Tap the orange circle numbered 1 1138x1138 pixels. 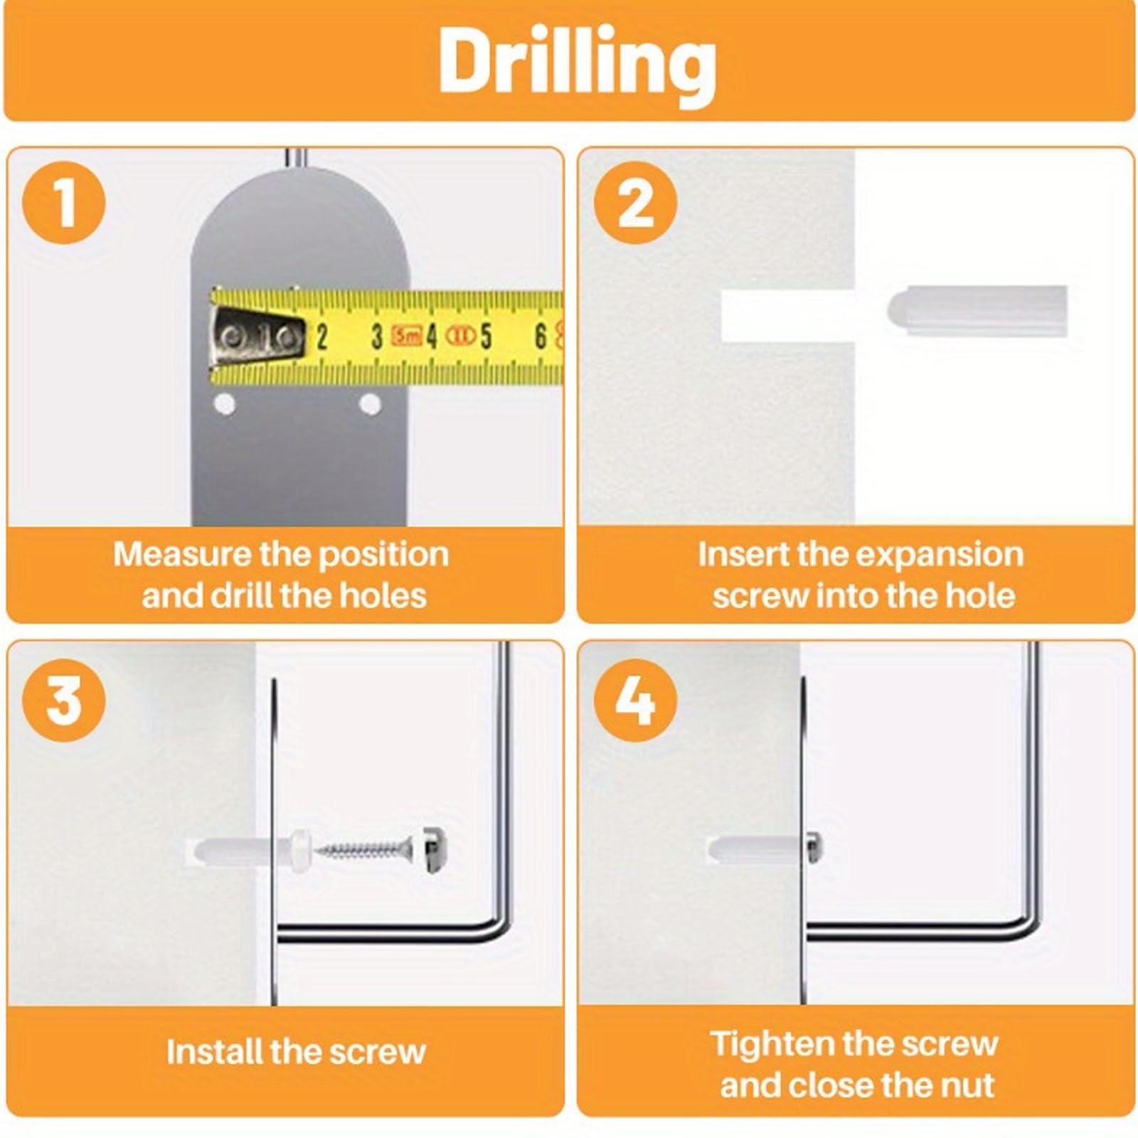pyautogui.click(x=64, y=203)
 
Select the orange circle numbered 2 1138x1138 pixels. pyautogui.click(x=635, y=203)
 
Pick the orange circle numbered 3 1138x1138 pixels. pyautogui.click(x=64, y=701)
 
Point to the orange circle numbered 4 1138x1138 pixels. pyautogui.click(x=635, y=701)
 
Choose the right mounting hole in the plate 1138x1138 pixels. pyautogui.click(x=370, y=405)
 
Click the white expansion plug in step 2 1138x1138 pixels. pyautogui.click(x=978, y=312)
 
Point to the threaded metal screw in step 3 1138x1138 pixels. pyautogui.click(x=364, y=848)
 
